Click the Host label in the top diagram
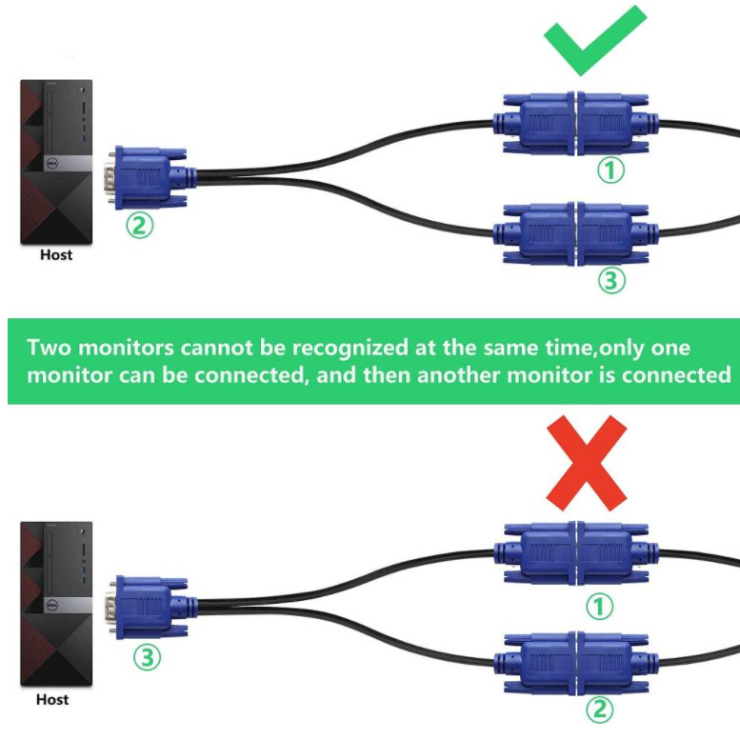click(x=55, y=255)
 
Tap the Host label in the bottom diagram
click(x=52, y=700)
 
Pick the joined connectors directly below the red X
click(x=576, y=552)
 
